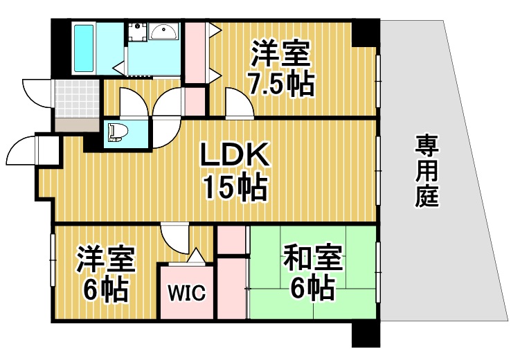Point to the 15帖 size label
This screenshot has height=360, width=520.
234,187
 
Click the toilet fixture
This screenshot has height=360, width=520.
117,131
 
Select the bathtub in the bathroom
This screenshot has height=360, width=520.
84,48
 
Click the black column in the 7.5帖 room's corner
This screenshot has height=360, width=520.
364,33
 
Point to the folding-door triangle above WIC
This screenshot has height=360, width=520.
196,256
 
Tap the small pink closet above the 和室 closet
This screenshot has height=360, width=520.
231,240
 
